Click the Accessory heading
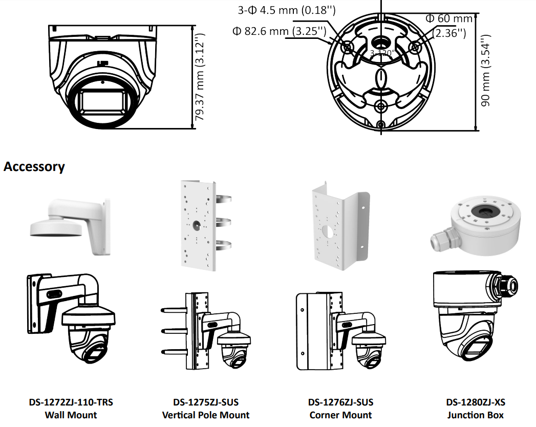point(34,166)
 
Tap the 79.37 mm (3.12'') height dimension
point(199,77)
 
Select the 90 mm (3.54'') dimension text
point(485,70)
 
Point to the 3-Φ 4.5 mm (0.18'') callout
point(287,10)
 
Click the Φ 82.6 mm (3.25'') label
point(280,31)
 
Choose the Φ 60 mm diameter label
point(449,18)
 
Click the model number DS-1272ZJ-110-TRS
point(71,402)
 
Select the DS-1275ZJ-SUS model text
point(206,402)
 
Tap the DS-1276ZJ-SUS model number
point(340,402)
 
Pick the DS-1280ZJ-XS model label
point(476,402)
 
